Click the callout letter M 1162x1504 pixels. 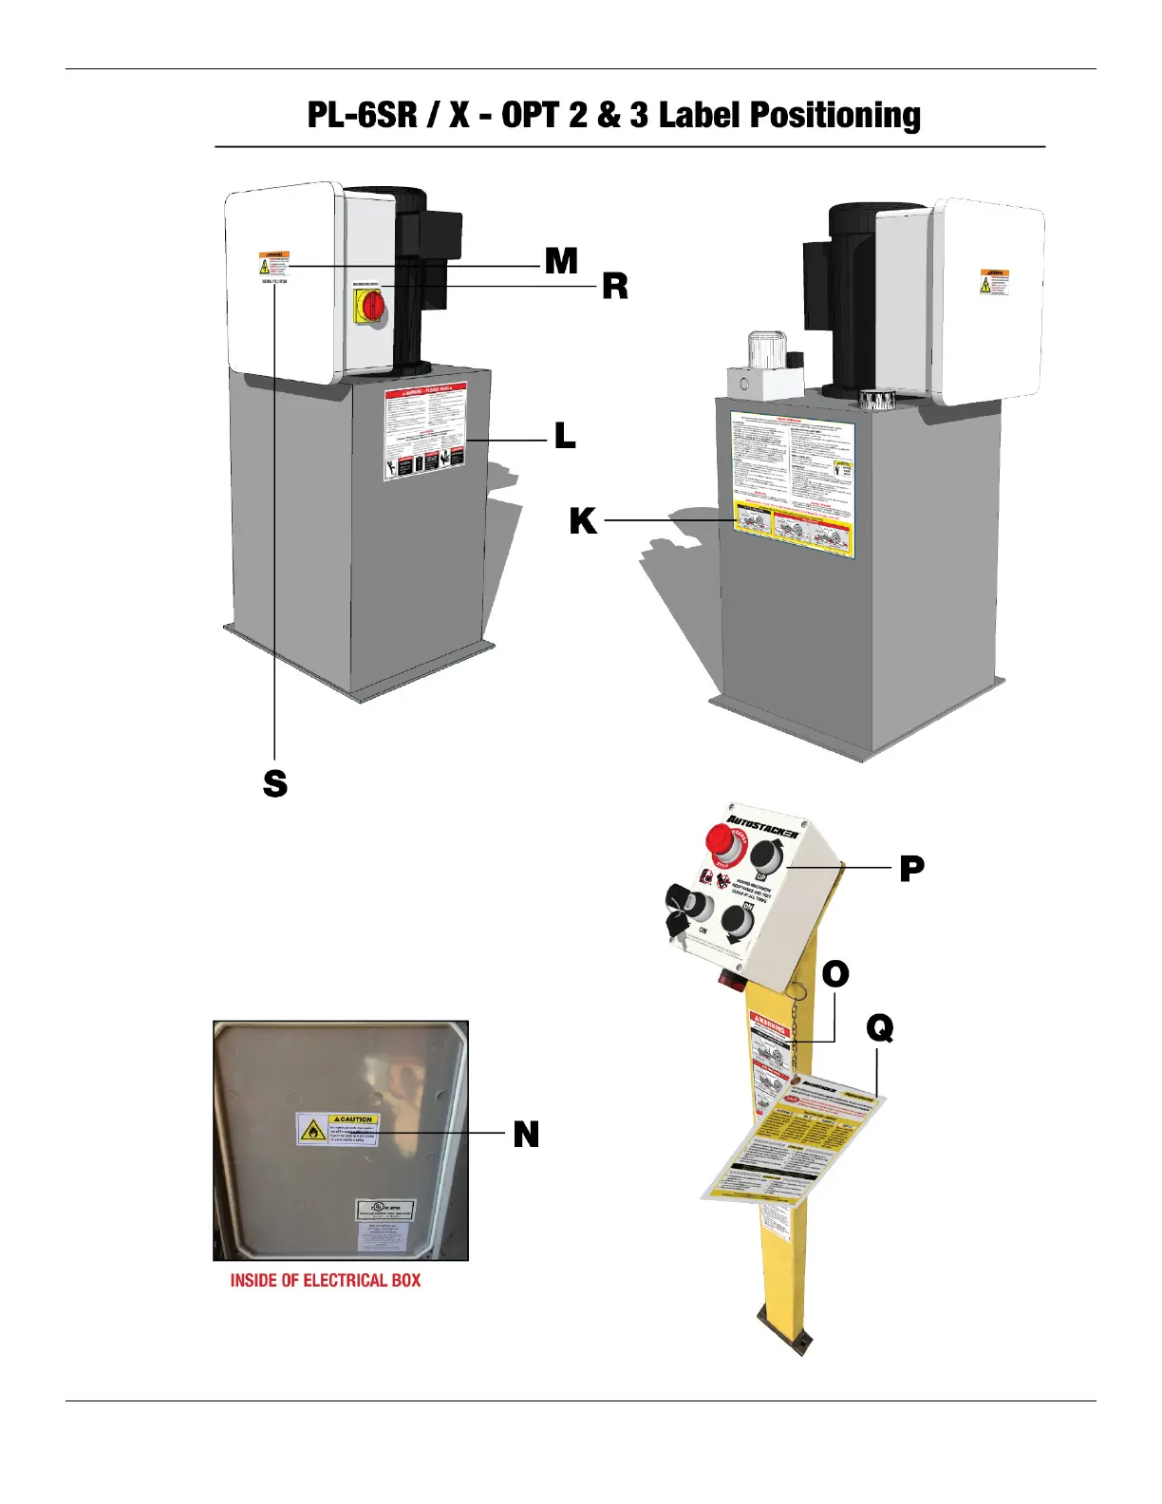coord(561,260)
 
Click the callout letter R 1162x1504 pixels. coord(614,286)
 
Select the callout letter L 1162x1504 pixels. coord(565,437)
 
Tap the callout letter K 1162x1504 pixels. coord(583,521)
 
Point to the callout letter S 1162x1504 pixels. coord(274,784)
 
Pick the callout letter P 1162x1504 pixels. coord(911,868)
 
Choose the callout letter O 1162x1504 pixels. coord(834,974)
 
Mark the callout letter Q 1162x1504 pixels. coord(880,1028)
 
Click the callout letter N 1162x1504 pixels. coord(526,1135)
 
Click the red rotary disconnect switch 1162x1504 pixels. coord(372,306)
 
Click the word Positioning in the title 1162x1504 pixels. coord(835,115)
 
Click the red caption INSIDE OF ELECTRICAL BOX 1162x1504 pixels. coord(325,1281)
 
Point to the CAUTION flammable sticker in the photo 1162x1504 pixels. coord(338,1129)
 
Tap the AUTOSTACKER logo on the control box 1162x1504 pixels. coord(762,825)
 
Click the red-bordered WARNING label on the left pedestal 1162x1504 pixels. coord(426,432)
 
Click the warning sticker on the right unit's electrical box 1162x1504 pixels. coord(995,282)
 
